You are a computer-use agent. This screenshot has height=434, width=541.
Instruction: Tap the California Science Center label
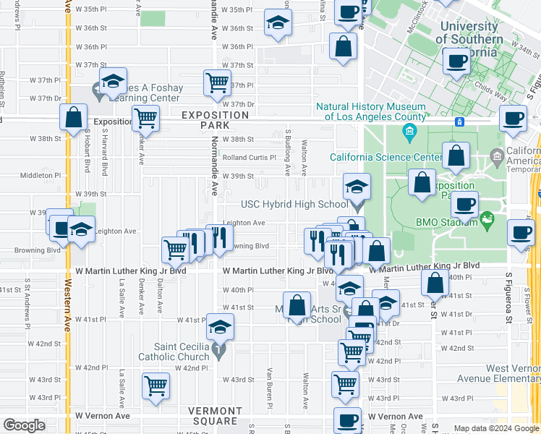pyautogui.click(x=385, y=157)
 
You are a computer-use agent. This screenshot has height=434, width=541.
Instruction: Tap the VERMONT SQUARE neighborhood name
pyautogui.click(x=215, y=415)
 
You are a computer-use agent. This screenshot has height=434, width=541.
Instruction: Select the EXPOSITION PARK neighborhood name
pyautogui.click(x=215, y=120)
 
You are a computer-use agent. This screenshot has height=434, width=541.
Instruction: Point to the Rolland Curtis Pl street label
pyautogui.click(x=249, y=157)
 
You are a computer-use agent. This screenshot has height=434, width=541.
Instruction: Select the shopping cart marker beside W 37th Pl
pyautogui.click(x=217, y=83)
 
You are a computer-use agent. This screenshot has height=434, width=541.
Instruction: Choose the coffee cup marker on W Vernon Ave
pyautogui.click(x=347, y=420)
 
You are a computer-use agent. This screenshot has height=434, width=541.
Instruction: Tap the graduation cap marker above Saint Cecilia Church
pyautogui.click(x=220, y=327)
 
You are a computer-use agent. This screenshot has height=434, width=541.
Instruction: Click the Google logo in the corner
pyautogui.click(x=24, y=425)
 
